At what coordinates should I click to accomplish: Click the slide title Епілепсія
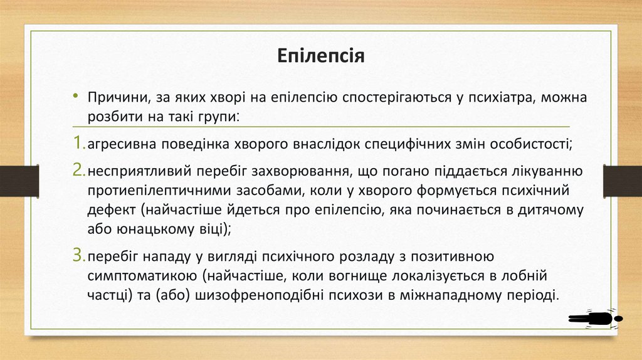321,57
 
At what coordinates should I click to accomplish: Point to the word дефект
109,209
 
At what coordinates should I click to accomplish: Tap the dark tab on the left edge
19,181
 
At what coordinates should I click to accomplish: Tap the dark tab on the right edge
622,181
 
